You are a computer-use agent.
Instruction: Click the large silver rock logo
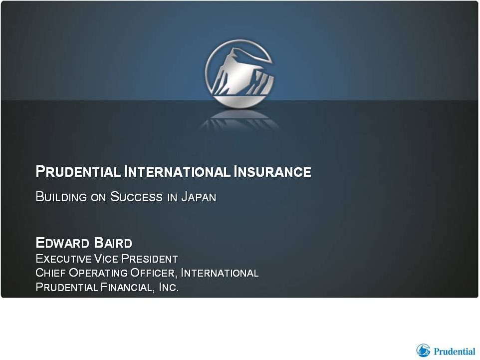pos(240,74)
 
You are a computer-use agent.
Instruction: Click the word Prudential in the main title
pos(78,171)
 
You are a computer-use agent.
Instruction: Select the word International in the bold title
pos(177,171)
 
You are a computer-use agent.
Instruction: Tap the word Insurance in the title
pos(272,171)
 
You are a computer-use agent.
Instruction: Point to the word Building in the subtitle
pos(61,197)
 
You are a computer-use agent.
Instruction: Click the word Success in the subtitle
pos(136,197)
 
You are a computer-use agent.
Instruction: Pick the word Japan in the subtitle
pos(199,197)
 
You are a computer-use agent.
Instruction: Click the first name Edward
pos(62,243)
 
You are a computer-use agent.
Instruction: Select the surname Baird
pos(113,243)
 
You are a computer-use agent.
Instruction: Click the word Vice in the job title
pos(106,259)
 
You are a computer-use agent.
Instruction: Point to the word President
pos(150,259)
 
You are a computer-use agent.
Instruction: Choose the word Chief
pos(51,273)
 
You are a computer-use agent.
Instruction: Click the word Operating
pos(98,273)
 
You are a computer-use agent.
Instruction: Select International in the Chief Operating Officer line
pos(220,273)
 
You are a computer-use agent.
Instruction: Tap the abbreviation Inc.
pos(169,287)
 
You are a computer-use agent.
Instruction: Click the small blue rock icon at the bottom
pos(423,350)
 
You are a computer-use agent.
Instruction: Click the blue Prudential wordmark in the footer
pos(454,351)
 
